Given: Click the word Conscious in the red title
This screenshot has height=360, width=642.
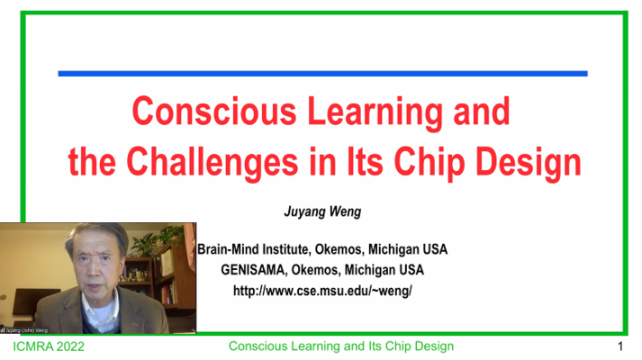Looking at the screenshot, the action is [x=214, y=112].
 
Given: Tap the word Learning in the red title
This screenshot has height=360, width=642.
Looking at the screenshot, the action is [x=375, y=113].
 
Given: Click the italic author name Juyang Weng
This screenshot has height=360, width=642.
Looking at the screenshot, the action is [x=322, y=211].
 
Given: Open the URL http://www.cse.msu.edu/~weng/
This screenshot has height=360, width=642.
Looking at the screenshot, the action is [x=322, y=291].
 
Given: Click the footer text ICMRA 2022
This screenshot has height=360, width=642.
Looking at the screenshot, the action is [x=49, y=346].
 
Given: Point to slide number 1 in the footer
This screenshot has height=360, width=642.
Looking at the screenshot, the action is [x=620, y=346].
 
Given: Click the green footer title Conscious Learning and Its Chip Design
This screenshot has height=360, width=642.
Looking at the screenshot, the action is [x=341, y=346].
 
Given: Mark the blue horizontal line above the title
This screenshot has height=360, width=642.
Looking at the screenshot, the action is [x=322, y=74].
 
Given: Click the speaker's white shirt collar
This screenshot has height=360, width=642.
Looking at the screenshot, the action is [x=100, y=308].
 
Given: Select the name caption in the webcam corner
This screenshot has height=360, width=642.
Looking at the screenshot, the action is [x=24, y=330].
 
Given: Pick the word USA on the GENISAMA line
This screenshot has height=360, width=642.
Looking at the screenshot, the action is [x=411, y=270].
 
